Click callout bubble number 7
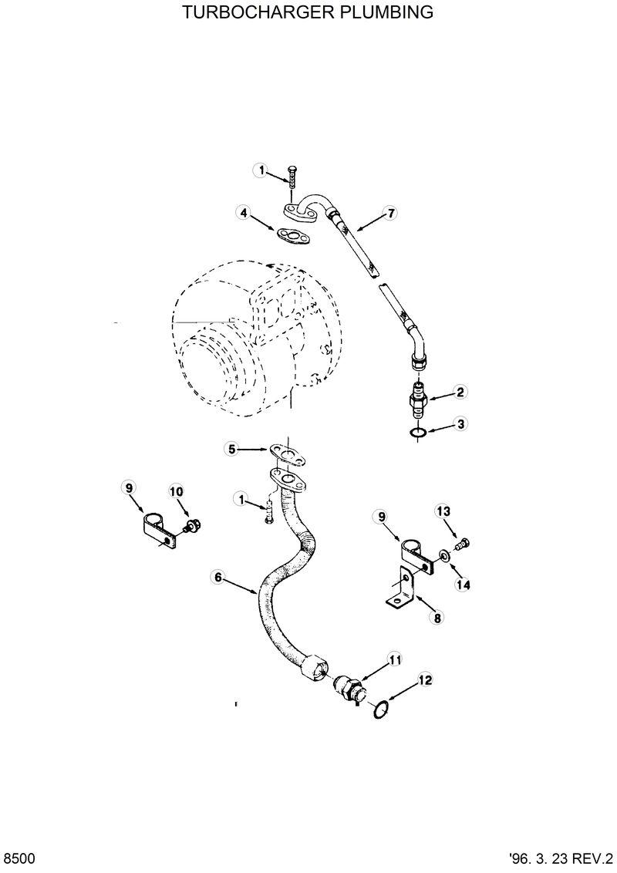point(391,214)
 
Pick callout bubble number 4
point(244,213)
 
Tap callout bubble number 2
point(460,392)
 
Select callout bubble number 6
point(217,576)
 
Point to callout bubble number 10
point(176,491)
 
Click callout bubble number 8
point(437,617)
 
